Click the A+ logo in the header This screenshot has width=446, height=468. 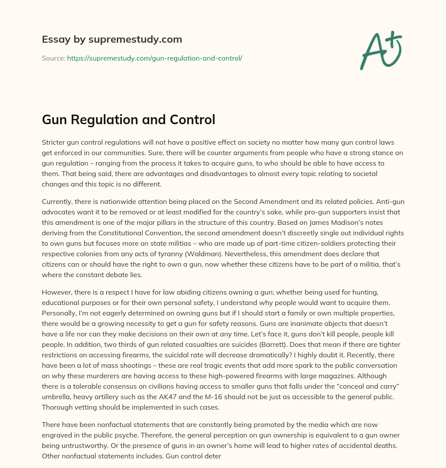(381, 51)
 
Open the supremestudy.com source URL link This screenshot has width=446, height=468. (154, 58)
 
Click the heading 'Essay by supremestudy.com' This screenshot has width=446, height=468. (112, 40)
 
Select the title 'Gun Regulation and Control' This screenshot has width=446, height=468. (128, 119)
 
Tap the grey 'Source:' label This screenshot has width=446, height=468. (54, 58)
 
